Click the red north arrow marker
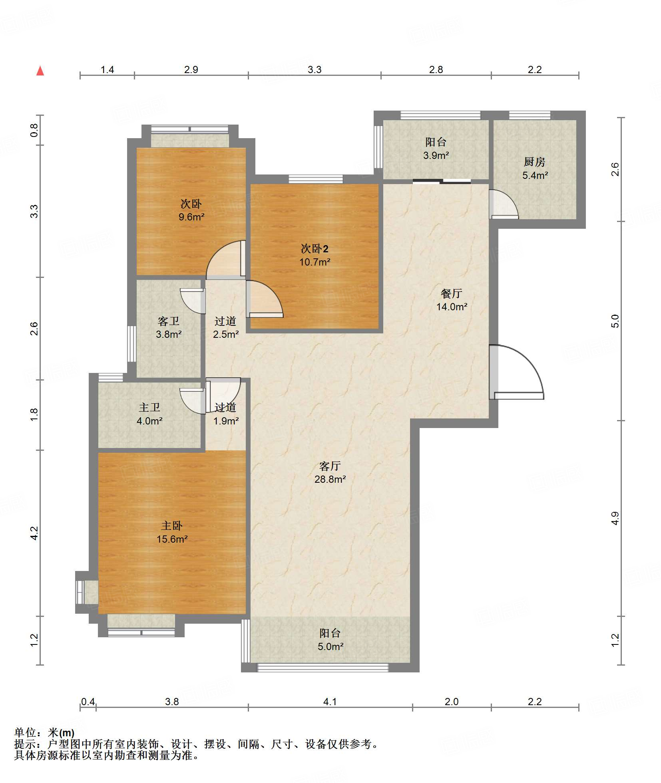click(40, 71)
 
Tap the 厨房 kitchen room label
click(534, 162)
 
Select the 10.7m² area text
click(315, 262)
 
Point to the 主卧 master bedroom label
click(172, 525)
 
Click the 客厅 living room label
click(330, 466)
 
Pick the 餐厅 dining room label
click(452, 293)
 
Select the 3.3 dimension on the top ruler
click(315, 69)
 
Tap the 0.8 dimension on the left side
click(34, 130)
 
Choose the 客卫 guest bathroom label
click(169, 321)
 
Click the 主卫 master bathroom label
click(149, 407)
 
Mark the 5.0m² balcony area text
click(330, 646)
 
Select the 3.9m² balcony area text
click(436, 155)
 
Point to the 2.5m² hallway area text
click(226, 334)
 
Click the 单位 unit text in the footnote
click(25, 733)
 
